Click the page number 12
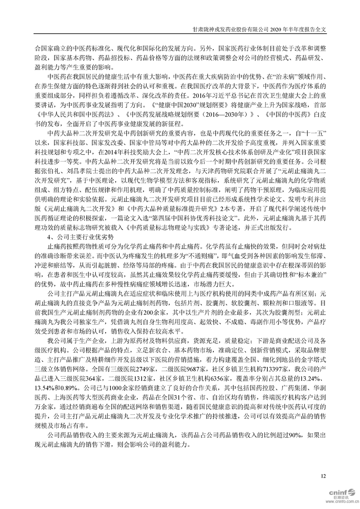point(323,475)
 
